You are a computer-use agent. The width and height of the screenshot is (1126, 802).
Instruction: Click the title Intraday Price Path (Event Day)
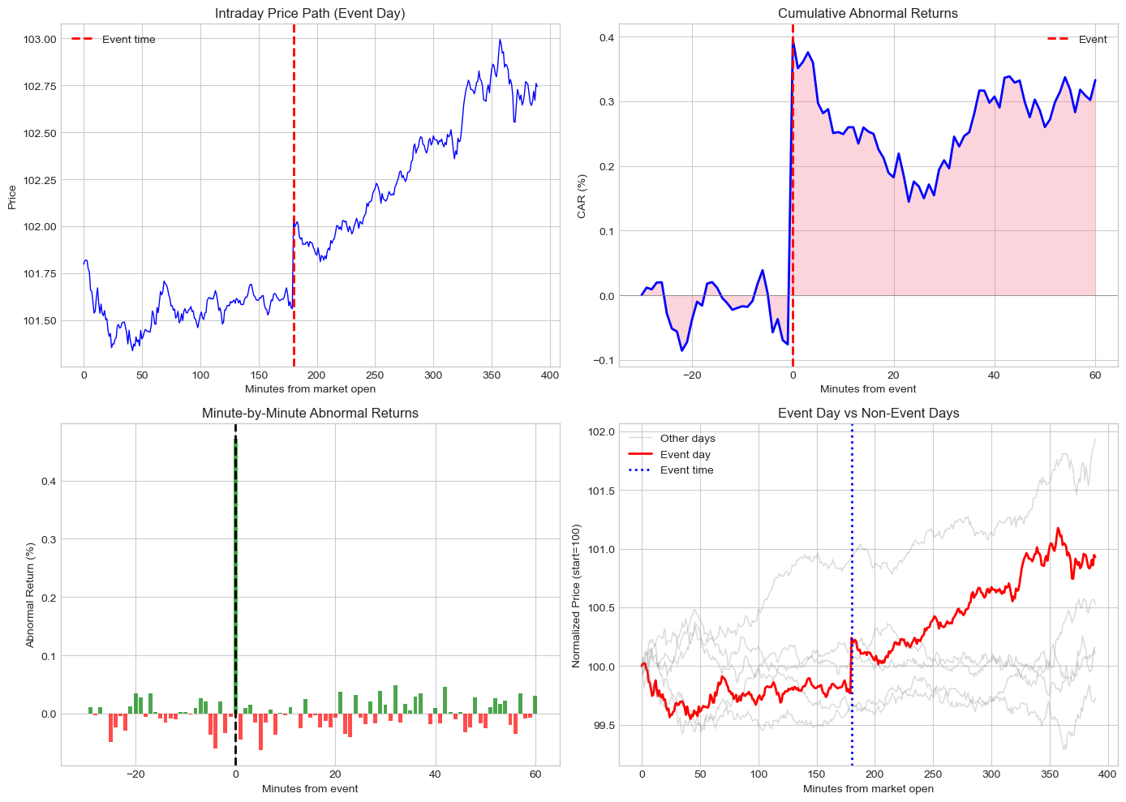(310, 13)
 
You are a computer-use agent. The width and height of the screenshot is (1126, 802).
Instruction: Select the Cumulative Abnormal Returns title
(867, 13)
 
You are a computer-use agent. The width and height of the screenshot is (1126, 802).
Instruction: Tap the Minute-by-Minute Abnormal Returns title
(310, 413)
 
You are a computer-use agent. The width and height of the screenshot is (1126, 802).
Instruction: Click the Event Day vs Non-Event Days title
(867, 413)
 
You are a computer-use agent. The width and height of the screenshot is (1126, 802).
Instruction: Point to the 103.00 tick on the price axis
(40, 39)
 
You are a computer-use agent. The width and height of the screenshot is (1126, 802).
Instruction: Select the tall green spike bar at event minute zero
(235, 568)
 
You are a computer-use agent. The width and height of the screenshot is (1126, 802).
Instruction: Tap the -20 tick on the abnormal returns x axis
(135, 774)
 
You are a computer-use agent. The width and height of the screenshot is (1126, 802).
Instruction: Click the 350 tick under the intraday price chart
(492, 375)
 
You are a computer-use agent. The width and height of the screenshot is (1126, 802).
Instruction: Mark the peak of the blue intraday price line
(501, 39)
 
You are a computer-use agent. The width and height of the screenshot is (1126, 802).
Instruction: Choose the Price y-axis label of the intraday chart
(12, 197)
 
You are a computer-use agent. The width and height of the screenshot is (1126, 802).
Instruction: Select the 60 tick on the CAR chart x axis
(1095, 375)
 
